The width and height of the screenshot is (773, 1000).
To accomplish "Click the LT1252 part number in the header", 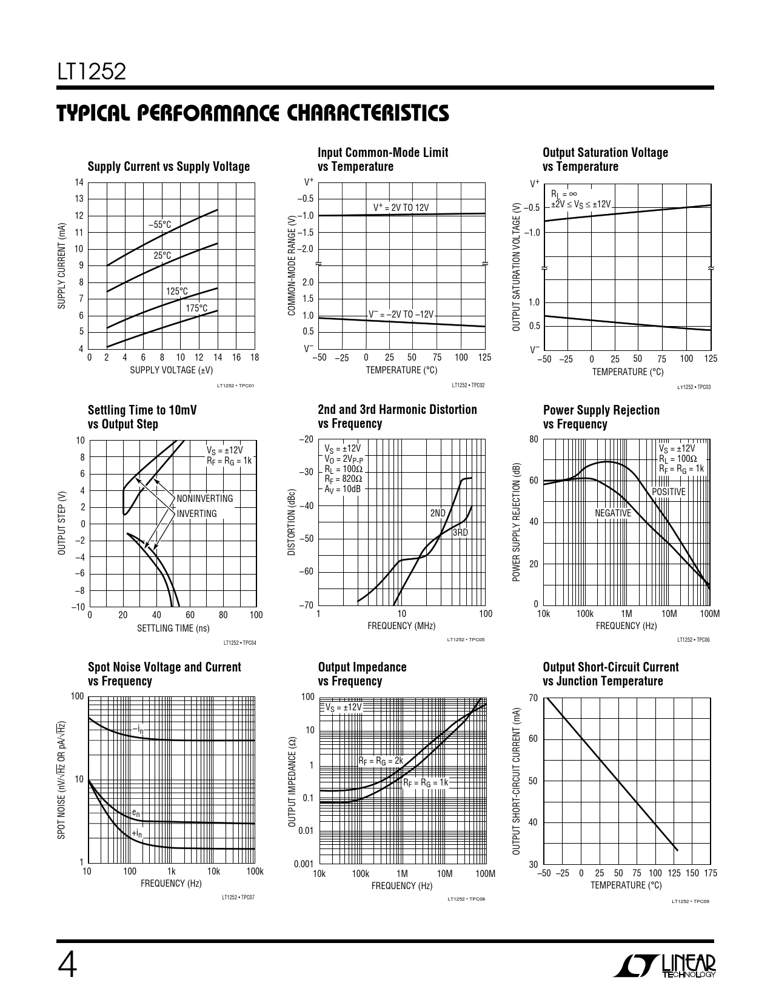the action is pyautogui.click(x=92, y=72).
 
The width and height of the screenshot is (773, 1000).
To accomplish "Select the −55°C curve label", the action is pyautogui.click(x=160, y=225).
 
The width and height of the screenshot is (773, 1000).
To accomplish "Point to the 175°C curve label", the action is pyautogui.click(x=196, y=308).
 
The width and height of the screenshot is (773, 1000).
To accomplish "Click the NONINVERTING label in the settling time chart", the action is pyautogui.click(x=205, y=498).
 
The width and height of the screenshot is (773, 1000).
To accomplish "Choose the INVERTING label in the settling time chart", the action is pyautogui.click(x=197, y=513).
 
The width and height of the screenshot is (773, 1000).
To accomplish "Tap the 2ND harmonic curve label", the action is pyautogui.click(x=438, y=513).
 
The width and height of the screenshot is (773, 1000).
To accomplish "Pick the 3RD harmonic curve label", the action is pyautogui.click(x=460, y=533).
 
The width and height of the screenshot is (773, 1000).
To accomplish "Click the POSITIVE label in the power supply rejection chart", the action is pyautogui.click(x=669, y=492).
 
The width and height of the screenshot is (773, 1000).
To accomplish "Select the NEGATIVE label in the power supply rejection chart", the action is pyautogui.click(x=613, y=513).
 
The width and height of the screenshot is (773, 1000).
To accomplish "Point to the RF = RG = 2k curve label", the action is pyautogui.click(x=381, y=761).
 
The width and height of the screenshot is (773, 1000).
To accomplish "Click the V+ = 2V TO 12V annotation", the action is pyautogui.click(x=401, y=207).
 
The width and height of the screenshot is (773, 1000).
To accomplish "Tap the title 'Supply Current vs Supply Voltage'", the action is pyautogui.click(x=169, y=167).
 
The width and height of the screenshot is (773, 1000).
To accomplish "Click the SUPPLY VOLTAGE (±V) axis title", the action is pyautogui.click(x=171, y=370).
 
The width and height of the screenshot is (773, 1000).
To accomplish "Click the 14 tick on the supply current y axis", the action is pyautogui.click(x=79, y=182).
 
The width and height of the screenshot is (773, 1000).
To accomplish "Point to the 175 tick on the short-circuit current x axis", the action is pyautogui.click(x=711, y=873).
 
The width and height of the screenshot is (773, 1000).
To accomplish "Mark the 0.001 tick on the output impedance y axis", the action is pyautogui.click(x=304, y=864).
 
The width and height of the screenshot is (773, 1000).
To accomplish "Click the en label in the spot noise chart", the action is pyautogui.click(x=136, y=813).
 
